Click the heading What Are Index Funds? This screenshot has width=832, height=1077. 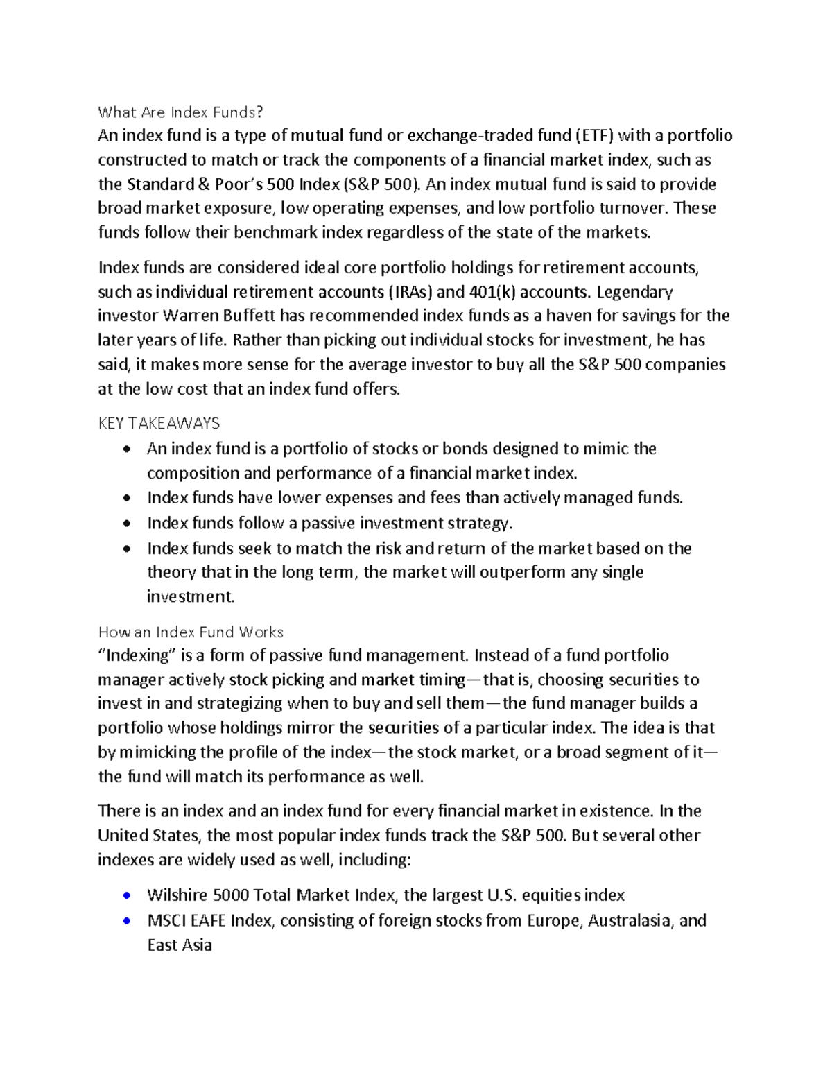(x=181, y=112)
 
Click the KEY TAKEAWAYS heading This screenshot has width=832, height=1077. (x=159, y=423)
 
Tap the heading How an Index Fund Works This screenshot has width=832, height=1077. (x=191, y=632)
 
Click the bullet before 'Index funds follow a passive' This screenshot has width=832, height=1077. (x=125, y=524)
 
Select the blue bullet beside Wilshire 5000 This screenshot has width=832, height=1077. (x=125, y=895)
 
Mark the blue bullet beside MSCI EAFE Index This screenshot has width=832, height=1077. (x=125, y=921)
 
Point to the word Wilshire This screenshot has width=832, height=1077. (x=177, y=895)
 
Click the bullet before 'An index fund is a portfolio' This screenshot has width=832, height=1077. (x=125, y=449)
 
